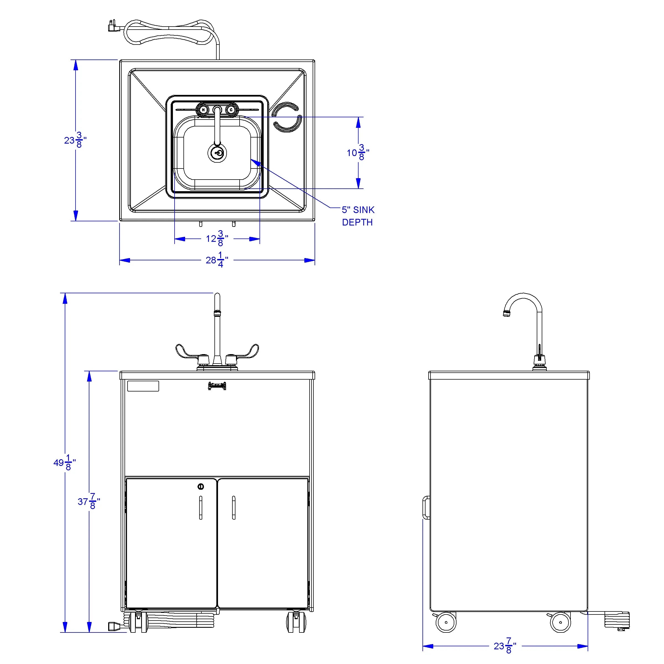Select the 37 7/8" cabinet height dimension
89,501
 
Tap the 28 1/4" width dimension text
217,260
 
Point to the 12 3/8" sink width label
217,238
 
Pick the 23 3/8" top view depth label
75,140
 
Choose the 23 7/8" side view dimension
505,646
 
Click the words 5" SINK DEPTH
358,216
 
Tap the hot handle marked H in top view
203,110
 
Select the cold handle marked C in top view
231,110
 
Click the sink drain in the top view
217,153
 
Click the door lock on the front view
201,486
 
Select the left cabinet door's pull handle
201,507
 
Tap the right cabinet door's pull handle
234,507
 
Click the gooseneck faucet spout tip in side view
506,313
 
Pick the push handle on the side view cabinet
426,507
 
